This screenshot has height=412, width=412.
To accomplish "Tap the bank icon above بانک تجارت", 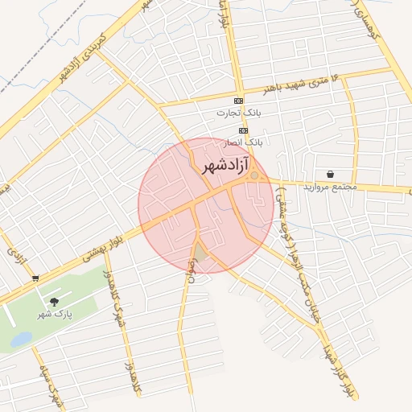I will pos(237,101).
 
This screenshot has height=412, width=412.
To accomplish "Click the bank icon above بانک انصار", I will pos(243,130).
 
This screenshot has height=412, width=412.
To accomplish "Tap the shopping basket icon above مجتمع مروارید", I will pos(330,174).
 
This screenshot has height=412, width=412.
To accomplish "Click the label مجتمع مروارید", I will pos(330,187).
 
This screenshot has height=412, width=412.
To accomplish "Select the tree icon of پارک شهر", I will pos(55,302).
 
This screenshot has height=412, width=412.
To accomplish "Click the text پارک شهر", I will pos(55,314).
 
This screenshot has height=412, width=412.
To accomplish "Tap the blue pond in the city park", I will pos(20,340).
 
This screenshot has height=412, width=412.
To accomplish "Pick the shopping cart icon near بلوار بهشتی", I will pos(35,278).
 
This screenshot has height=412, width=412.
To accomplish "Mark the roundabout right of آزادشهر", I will pos(254,175).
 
